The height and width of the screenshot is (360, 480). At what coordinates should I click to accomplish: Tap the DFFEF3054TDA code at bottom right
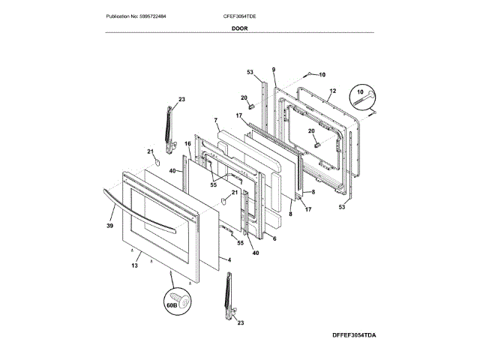(x=349, y=334)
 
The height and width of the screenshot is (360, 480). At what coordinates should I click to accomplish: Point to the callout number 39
(x=109, y=224)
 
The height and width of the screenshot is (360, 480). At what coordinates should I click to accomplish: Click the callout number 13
(x=136, y=265)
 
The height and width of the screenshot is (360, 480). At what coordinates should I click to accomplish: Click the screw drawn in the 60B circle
(x=184, y=299)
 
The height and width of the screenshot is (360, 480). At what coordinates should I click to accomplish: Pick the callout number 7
(x=214, y=121)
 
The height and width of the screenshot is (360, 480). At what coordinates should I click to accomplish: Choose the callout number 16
(x=188, y=143)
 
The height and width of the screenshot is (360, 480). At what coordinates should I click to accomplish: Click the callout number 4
(x=229, y=260)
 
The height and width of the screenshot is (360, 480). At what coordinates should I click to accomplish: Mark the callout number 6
(x=274, y=238)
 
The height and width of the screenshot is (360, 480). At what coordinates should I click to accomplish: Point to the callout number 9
(x=274, y=70)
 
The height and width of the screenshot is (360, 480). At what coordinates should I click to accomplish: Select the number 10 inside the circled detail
(x=361, y=91)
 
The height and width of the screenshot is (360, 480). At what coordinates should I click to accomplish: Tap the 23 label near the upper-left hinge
(x=181, y=99)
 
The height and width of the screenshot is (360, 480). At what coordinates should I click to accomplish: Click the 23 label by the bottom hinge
(x=241, y=322)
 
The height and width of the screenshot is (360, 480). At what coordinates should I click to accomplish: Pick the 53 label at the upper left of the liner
(x=250, y=72)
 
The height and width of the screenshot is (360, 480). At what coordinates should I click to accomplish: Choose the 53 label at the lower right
(x=342, y=206)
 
